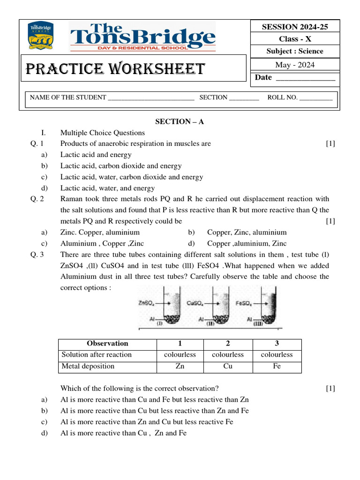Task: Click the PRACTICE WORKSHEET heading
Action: [115, 69]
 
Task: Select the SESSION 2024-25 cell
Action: [295, 27]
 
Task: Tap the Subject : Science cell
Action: [295, 51]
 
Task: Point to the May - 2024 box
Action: [295, 65]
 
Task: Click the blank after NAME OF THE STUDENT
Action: [151, 98]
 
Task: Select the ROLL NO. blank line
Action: [315, 98]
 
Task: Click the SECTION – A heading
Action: [180, 121]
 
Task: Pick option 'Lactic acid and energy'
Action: [96, 155]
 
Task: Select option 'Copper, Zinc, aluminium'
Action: [247, 232]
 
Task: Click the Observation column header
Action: [107, 344]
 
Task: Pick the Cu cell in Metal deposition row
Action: [228, 366]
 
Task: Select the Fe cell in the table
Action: [277, 366]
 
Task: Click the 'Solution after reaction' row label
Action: [97, 355]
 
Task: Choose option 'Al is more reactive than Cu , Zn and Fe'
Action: [123, 433]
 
